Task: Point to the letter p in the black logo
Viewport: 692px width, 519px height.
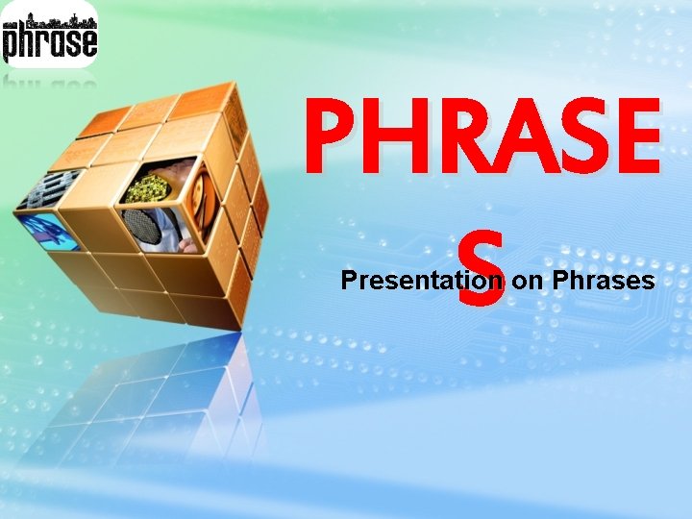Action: [12, 44]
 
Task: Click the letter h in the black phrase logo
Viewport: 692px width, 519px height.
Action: [29, 40]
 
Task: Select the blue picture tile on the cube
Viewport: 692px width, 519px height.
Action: [53, 230]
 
